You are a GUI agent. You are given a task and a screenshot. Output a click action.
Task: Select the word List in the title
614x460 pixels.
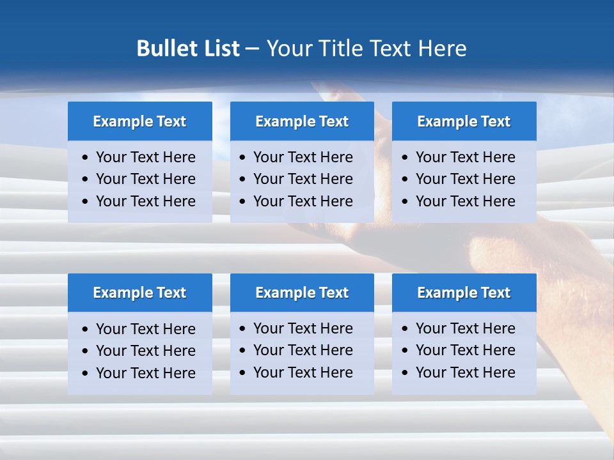pyautogui.click(x=221, y=49)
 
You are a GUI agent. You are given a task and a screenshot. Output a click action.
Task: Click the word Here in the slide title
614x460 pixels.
pyautogui.click(x=442, y=49)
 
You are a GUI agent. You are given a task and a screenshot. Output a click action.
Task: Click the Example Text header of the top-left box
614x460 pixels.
pyautogui.click(x=139, y=121)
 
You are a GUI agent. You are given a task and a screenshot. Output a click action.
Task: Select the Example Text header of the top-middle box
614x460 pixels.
pyautogui.click(x=302, y=121)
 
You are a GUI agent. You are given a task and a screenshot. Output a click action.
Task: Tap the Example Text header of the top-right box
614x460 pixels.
pyautogui.click(x=464, y=121)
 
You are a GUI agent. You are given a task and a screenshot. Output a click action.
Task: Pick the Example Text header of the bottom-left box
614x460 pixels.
pyautogui.click(x=139, y=293)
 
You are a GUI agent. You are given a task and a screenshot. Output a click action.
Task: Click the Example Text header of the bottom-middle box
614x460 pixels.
pyautogui.click(x=302, y=293)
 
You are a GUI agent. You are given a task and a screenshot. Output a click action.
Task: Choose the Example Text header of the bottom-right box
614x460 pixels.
pyautogui.click(x=464, y=293)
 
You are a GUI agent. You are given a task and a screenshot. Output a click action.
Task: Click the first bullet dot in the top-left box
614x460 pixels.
pyautogui.click(x=86, y=158)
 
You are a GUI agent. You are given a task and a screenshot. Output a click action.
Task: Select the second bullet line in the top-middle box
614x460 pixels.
pyautogui.click(x=303, y=179)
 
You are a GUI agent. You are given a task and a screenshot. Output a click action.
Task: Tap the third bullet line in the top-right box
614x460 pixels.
pyautogui.click(x=465, y=201)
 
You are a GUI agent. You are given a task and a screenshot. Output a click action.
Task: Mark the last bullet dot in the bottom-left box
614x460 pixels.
pyautogui.click(x=86, y=374)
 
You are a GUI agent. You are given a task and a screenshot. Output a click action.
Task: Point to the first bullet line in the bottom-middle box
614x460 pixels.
pyautogui.click(x=303, y=328)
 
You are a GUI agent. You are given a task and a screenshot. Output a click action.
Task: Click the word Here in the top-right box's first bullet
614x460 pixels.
pyautogui.click(x=499, y=157)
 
